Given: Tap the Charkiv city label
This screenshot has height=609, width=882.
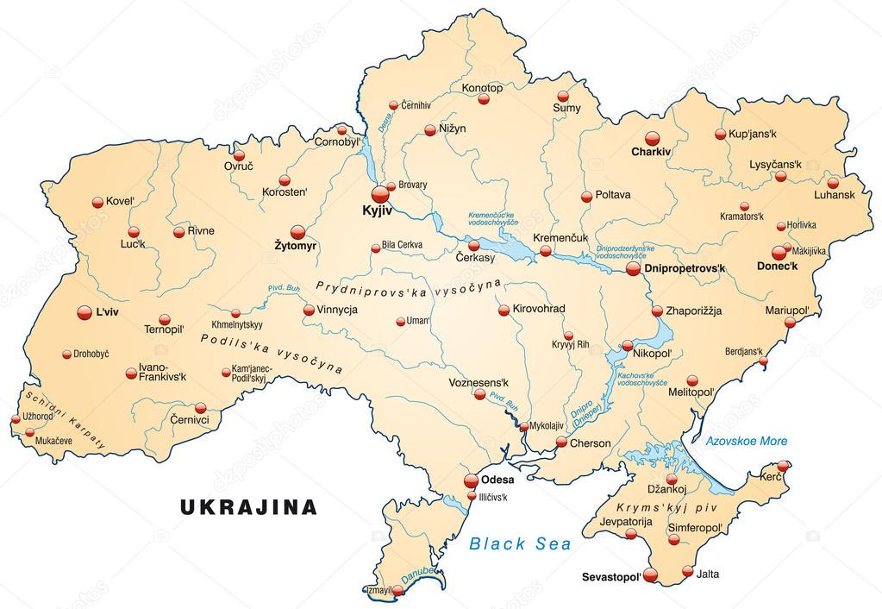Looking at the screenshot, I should [650, 151].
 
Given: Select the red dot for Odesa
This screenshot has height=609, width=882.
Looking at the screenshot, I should [471, 480].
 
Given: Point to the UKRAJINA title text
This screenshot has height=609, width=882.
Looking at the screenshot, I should [248, 506].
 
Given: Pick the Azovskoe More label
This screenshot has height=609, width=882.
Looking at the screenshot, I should [746, 441].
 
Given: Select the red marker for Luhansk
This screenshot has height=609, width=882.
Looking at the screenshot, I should [833, 183].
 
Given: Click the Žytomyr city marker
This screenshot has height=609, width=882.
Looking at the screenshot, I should [297, 232].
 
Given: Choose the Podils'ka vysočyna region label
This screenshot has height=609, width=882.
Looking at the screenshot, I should [271, 351].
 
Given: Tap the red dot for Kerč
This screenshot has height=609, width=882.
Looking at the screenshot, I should [783, 466].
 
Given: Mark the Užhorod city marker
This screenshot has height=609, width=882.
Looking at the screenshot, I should [15, 419].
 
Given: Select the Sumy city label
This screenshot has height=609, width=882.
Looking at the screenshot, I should [566, 109].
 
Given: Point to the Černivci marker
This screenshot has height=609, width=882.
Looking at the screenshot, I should [201, 408].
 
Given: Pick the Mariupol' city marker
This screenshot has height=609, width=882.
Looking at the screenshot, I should [789, 323].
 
